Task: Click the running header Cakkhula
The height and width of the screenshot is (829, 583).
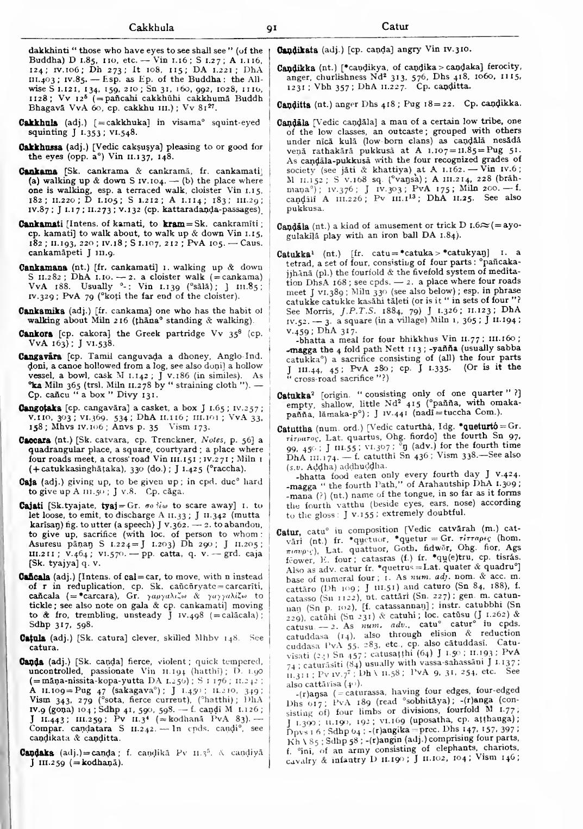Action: pyautogui.click(x=152, y=27)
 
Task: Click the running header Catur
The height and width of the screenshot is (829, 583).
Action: pyautogui.click(x=394, y=26)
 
